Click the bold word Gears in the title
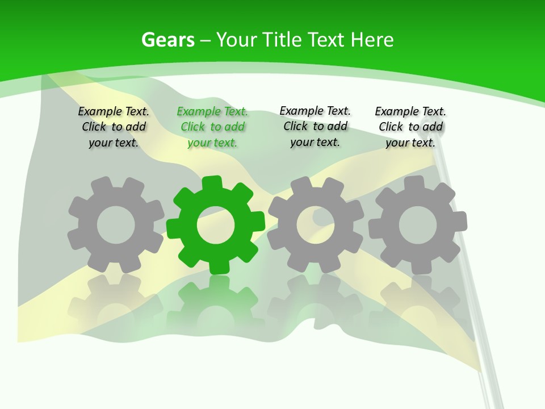168,40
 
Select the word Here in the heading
372,40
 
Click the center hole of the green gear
216,226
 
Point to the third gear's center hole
316,224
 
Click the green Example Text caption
212,127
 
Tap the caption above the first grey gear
114,127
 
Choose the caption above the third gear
315,126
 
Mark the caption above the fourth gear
410,127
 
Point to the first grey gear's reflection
116,301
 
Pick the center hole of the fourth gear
417,225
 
